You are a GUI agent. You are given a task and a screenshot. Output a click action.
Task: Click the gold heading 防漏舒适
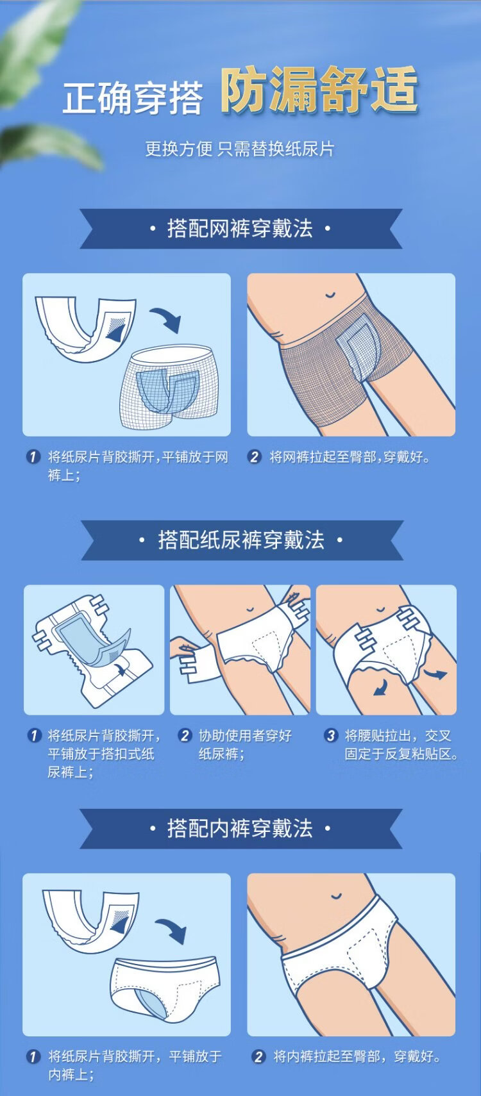(x=319, y=90)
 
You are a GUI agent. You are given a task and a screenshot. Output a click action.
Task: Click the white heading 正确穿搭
(x=132, y=98)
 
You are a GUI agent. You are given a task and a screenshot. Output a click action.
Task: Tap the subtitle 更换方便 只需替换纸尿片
(x=239, y=149)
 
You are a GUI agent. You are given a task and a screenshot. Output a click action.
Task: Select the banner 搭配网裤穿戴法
(x=240, y=229)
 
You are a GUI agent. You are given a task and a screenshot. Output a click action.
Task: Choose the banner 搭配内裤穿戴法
(x=240, y=828)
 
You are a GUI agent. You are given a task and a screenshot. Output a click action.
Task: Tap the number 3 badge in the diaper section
(x=331, y=735)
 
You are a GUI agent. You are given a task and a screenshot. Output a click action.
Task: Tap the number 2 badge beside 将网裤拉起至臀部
(x=254, y=457)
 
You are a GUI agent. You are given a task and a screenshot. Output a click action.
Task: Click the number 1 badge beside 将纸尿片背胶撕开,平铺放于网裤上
(x=33, y=457)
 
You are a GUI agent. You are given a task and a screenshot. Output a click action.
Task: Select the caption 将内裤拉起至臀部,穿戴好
(x=357, y=1057)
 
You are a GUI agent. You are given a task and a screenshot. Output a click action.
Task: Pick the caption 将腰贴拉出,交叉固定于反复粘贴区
(x=401, y=744)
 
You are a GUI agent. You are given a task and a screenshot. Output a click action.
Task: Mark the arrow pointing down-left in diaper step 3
(x=380, y=687)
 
